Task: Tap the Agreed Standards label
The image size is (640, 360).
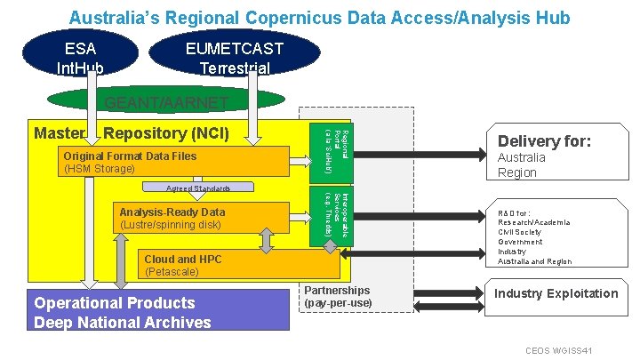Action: (x=198, y=189)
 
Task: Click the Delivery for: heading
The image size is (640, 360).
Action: (x=545, y=140)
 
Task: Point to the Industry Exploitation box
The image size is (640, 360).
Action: (x=556, y=293)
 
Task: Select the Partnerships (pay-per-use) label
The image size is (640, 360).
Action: (x=338, y=297)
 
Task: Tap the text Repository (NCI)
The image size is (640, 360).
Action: (x=166, y=134)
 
